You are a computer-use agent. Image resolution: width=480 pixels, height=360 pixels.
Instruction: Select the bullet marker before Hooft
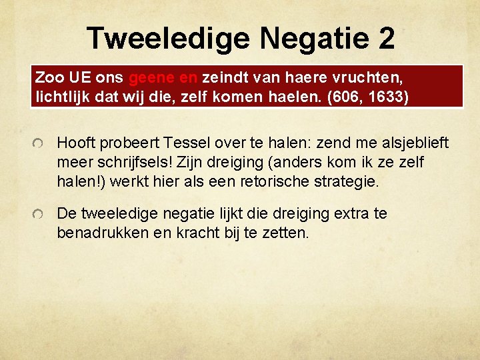point(39,144)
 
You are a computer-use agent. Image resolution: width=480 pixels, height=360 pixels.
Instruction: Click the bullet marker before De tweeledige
point(39,215)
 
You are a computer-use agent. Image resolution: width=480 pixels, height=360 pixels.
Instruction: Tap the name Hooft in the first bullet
point(77,143)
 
